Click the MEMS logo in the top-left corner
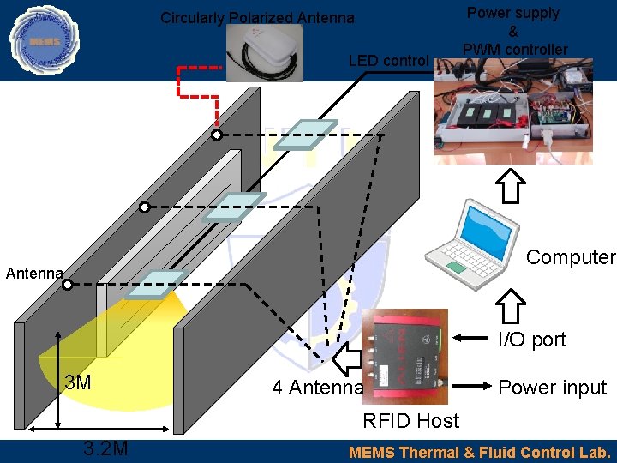pos(44,40)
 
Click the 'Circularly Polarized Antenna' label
pos(257,18)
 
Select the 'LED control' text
pos(388,60)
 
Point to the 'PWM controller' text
pos(513,50)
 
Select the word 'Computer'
pos(570,257)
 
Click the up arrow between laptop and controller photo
pos(512,184)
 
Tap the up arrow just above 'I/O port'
pos(512,305)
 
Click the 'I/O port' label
pos(532,340)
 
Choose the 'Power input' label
pos(552,388)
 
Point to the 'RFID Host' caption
pos(411,421)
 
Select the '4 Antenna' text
pos(317,388)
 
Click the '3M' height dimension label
pos(78,382)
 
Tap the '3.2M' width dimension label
pos(105,448)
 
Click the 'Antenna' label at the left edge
pos(34,274)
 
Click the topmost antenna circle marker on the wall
pos(217,135)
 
